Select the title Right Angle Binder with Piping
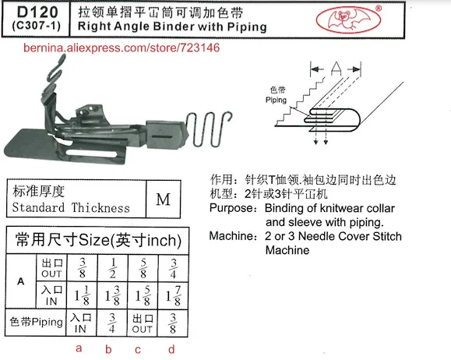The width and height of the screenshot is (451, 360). click(167, 26)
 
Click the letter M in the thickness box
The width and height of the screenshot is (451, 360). click(163, 199)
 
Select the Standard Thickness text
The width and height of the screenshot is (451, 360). click(71, 207)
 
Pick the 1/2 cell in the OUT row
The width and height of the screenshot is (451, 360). click(114, 266)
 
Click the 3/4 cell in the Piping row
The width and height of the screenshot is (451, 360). click(114, 323)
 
